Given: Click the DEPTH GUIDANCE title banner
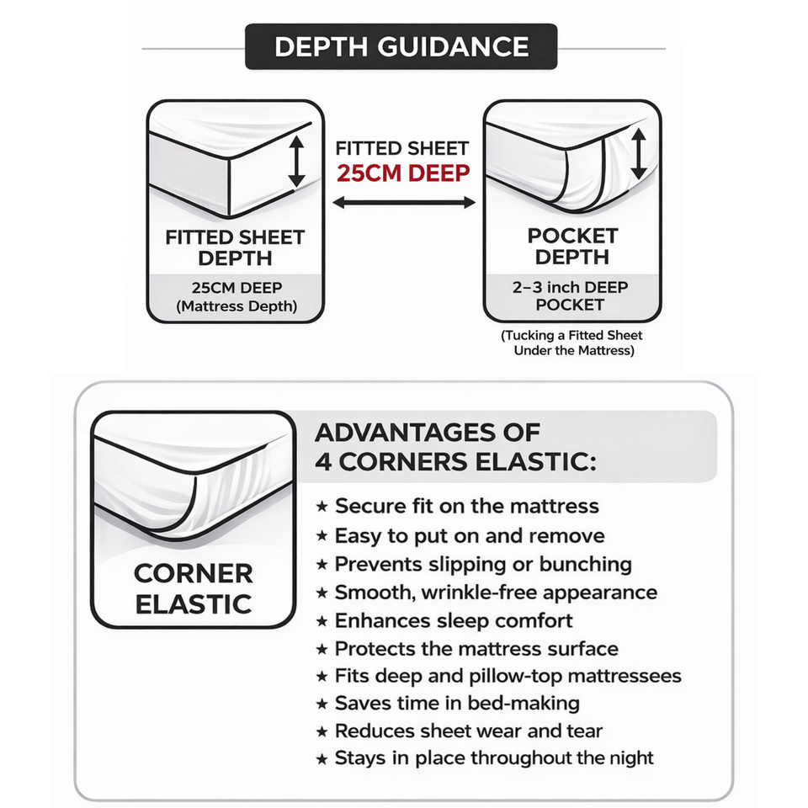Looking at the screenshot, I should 401,46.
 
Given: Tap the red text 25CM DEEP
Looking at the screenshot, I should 403,173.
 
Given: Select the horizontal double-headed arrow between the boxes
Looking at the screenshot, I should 404,202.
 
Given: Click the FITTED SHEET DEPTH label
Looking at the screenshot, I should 235,248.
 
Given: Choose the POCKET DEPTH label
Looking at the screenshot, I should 571,246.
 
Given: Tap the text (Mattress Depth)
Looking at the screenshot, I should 236,307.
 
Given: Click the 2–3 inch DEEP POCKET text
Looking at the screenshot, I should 571,295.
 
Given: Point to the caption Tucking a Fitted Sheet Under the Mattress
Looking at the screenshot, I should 571,343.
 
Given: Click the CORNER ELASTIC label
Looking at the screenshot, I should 193,588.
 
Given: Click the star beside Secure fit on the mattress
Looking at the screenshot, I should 322,507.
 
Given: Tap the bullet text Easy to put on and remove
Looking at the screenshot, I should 469,535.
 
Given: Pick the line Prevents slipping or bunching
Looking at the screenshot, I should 482,564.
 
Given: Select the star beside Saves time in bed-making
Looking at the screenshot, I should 322,704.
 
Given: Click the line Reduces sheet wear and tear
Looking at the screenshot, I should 468,731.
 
